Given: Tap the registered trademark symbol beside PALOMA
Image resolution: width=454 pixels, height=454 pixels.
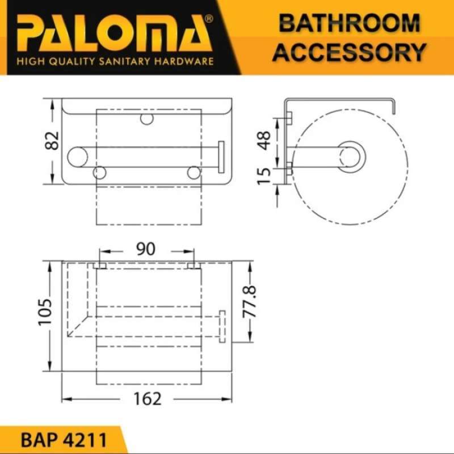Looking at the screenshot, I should [208, 19].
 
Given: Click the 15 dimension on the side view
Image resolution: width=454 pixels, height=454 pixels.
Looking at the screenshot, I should [264, 175].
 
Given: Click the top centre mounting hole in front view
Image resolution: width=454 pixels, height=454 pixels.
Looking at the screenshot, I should [147, 119].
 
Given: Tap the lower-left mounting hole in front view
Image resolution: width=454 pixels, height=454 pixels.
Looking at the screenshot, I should [100, 173].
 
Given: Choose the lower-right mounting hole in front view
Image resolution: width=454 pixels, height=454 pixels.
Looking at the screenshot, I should [194, 173].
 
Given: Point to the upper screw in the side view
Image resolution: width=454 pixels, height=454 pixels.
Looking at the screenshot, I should [288, 117].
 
